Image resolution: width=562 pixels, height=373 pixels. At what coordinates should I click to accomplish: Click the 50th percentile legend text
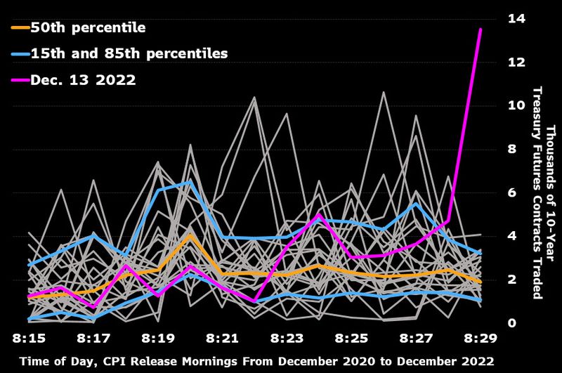88,28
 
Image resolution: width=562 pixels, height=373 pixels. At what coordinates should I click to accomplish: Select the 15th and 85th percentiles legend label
129,53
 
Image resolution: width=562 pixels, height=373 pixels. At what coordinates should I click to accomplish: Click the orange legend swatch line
20,28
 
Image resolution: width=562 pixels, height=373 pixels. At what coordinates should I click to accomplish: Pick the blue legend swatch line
20,54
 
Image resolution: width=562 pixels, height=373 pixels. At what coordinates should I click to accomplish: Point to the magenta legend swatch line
20,80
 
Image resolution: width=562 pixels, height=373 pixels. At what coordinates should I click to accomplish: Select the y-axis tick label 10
497,106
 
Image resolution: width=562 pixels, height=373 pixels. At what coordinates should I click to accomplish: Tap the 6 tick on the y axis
493,193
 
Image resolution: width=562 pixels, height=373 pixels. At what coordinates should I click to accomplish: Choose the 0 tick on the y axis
493,323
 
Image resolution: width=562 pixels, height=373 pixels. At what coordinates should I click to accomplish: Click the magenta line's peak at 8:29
481,30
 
